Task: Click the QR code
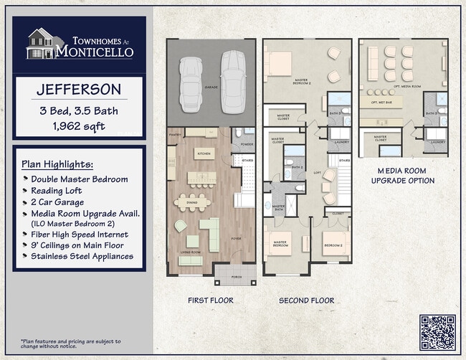pos(437,331)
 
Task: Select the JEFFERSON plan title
pos(79,91)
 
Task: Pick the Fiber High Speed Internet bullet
pos(79,235)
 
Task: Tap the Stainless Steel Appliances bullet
pos(81,257)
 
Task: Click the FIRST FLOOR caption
pos(210,300)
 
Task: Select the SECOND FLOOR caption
pos(306,300)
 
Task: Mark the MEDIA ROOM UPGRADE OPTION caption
pos(402,176)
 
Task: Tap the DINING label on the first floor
pos(192,203)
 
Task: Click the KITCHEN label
pos(204,154)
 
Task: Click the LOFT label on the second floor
pos(317,172)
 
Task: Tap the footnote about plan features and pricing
pos(70,344)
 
